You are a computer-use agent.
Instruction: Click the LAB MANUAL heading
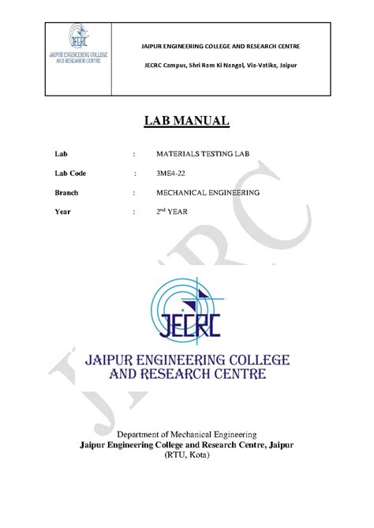coord(186,121)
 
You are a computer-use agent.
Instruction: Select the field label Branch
coord(66,193)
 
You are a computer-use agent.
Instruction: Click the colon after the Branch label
coord(135,193)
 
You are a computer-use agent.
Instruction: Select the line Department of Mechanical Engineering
coord(187,434)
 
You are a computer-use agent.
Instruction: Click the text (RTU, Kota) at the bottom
coord(187,456)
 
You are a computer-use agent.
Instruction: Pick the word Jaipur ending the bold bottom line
coord(277,445)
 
